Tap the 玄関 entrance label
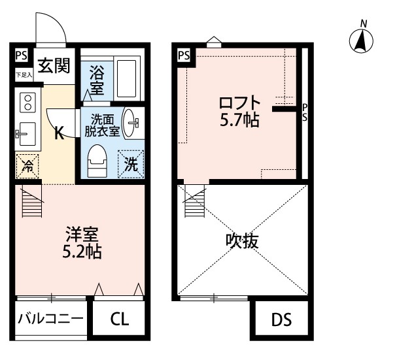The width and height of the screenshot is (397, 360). pyautogui.click(x=54, y=66)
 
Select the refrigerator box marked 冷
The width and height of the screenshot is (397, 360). pyautogui.click(x=27, y=165)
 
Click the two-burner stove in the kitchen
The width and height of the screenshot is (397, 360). pyautogui.click(x=28, y=102)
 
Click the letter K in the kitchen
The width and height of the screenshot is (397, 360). pyautogui.click(x=58, y=134)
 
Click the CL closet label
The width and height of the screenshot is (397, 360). pyautogui.click(x=119, y=319)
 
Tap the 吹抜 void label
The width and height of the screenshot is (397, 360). pyautogui.click(x=243, y=240)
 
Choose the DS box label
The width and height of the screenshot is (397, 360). pyautogui.click(x=281, y=321)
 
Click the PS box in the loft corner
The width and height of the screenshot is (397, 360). pyautogui.click(x=184, y=56)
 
